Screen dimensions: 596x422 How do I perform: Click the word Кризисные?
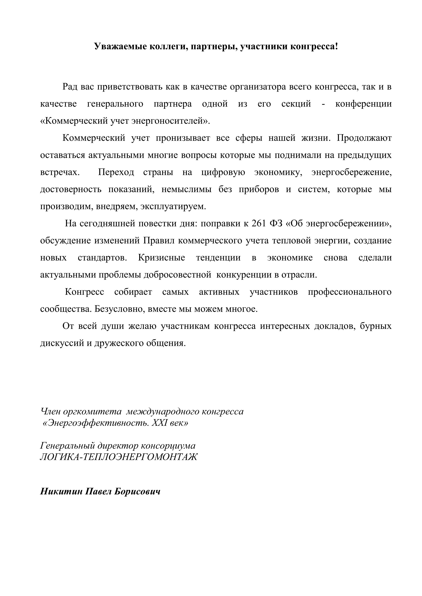coord(161,258)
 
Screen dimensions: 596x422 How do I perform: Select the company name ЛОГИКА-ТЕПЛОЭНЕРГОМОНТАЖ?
coord(119,457)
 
